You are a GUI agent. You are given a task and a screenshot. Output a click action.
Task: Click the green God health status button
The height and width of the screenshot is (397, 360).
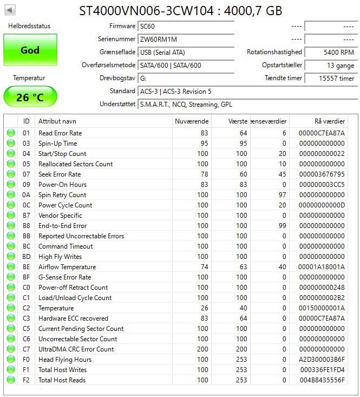click(30, 50)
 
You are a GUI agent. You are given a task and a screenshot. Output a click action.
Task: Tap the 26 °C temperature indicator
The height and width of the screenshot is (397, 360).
click(30, 97)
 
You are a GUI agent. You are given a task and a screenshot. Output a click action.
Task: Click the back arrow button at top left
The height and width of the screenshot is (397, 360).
click(10, 10)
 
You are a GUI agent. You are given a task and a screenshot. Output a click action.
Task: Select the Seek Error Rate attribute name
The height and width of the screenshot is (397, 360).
click(60, 174)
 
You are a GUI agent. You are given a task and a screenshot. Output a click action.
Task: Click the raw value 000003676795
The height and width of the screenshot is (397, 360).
click(321, 174)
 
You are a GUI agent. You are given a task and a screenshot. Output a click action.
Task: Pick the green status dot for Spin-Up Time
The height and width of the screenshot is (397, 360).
click(11, 144)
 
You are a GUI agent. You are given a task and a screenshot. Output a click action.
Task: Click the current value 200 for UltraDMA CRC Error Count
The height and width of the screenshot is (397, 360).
click(202, 349)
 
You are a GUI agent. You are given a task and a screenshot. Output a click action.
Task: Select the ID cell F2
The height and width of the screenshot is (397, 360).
click(27, 380)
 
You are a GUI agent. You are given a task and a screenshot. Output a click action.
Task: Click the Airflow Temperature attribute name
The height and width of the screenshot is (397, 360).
click(67, 267)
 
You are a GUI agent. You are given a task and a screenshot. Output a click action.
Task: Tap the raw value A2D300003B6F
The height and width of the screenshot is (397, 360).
click(321, 360)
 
